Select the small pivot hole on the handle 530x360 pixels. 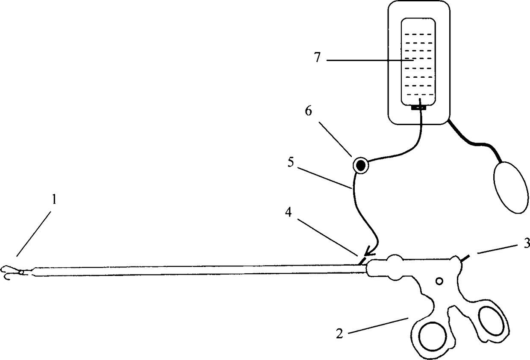click(440, 281)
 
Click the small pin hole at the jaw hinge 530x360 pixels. click(21, 271)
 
